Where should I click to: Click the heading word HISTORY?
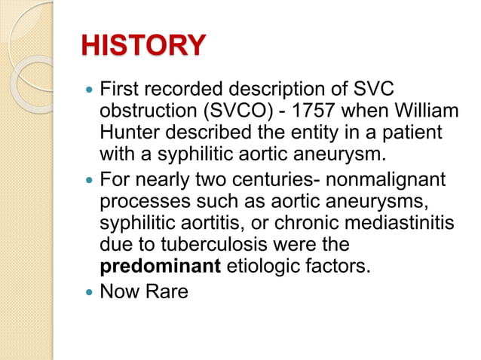point(143,47)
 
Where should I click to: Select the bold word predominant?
point(157,267)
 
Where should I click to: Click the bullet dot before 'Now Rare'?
point(90,291)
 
